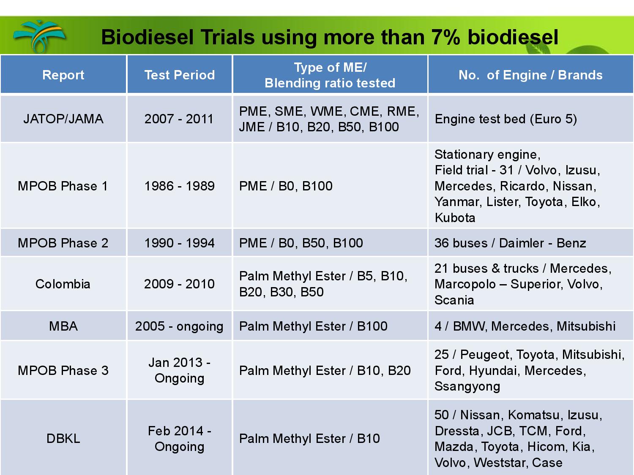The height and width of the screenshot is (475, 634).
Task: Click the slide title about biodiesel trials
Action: (330, 37)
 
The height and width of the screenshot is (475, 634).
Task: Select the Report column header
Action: (63, 75)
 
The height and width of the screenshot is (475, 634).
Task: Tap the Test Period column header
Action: (180, 75)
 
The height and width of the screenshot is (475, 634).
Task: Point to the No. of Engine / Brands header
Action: (530, 75)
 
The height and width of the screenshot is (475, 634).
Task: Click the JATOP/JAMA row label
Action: (63, 119)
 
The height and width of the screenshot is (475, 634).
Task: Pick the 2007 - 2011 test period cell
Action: (179, 119)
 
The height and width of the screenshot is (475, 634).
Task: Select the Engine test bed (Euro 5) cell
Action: (506, 119)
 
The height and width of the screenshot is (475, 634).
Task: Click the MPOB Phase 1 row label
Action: (63, 186)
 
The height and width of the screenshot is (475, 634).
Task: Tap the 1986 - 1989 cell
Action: (179, 186)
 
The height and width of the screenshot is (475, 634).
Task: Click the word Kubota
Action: (455, 218)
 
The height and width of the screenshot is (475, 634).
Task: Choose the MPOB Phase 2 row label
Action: (63, 243)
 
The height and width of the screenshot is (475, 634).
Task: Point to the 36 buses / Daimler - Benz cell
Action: (511, 243)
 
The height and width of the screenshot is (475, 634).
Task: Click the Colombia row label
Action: (63, 284)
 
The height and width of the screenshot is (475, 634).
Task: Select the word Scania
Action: (454, 300)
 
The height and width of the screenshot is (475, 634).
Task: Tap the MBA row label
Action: (63, 326)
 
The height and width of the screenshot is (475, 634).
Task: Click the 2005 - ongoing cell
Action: (179, 327)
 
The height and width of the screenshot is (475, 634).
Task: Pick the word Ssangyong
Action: (467, 387)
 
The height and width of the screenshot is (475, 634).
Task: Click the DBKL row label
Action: (63, 439)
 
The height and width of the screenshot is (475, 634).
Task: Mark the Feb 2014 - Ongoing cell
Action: (179, 439)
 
